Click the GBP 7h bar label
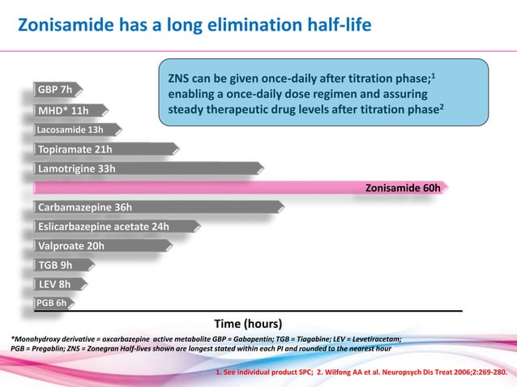point(55,90)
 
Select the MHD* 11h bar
point(63,110)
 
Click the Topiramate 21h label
point(75,149)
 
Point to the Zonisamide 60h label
point(403,188)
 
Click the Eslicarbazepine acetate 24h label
point(104,226)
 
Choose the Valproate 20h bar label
point(71,245)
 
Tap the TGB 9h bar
point(55,265)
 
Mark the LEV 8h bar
point(54,284)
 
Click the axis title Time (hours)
point(247,322)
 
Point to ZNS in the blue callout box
point(180,80)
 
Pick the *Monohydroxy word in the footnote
point(39,339)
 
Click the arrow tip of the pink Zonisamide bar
point(445,188)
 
